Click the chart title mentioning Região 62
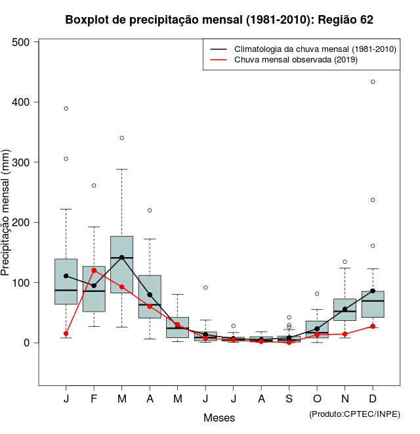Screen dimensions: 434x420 coord(219,20)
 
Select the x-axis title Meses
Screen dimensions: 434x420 coord(219,418)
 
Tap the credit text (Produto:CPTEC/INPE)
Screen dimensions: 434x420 coord(354,414)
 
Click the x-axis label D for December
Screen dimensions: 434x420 coord(373,399)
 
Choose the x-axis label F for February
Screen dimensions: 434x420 coord(94,399)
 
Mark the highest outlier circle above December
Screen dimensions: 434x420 coord(373,82)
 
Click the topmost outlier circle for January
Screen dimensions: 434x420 coord(66,108)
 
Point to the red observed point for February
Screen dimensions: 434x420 coord(94,270)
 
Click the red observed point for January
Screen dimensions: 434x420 coord(66,333)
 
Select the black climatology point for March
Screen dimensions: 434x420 coord(122,257)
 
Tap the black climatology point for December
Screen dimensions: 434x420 coord(373,291)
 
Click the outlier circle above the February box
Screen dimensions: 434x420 coord(94,185)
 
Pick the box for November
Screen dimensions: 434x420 coord(345,310)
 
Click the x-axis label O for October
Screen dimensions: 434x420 coord(317,399)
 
